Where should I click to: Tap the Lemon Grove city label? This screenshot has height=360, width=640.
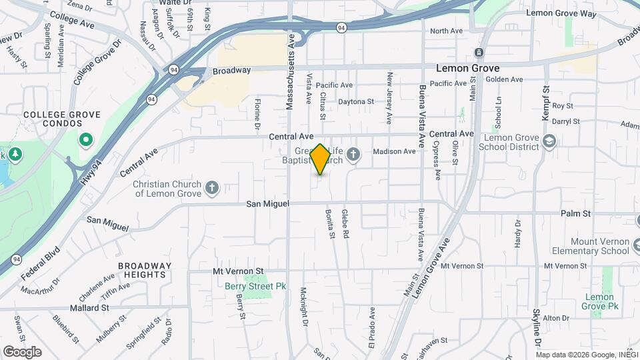tap(467, 68)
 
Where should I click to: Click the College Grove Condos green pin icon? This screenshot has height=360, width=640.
tap(85, 141)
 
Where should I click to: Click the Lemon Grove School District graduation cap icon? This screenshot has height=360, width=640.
tap(549, 141)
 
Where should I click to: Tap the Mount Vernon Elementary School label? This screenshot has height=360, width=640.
tap(591, 246)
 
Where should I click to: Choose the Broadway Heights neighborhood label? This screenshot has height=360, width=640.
tap(145, 270)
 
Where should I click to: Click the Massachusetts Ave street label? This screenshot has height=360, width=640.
tap(290, 73)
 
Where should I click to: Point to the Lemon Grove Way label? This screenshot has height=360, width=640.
tap(561, 13)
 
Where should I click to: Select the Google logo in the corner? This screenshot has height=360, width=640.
tap(22, 352)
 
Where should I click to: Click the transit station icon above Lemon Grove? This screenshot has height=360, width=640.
tap(479, 53)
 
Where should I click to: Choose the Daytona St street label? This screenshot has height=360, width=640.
tap(356, 102)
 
